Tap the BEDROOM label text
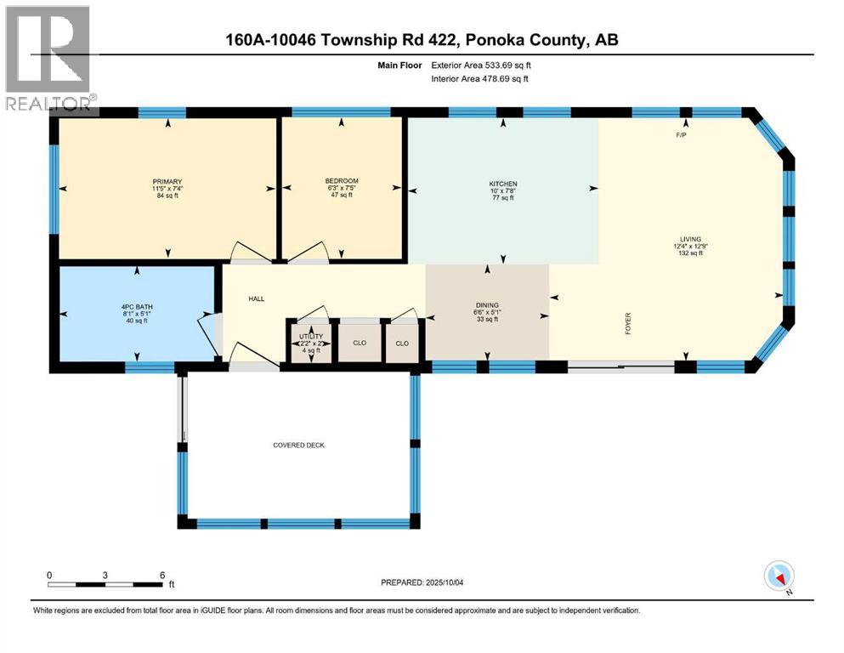tap(341, 181)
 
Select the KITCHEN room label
tap(502, 184)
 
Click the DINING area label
tap(487, 304)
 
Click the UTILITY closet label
tap(309, 337)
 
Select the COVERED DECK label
tap(298, 446)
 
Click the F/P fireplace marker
tap(681, 135)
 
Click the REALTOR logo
tap(49, 60)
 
